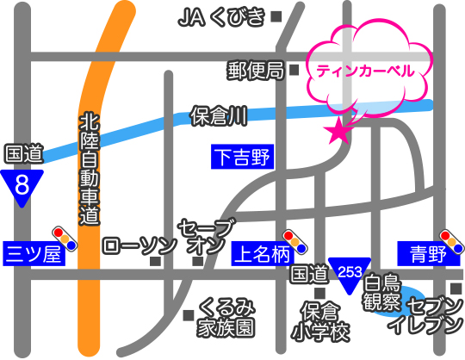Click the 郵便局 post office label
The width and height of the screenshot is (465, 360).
tap(256, 71)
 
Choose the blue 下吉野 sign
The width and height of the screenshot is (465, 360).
tap(241, 157)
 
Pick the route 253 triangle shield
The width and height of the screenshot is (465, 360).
tap(349, 273)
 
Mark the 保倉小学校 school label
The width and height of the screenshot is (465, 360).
tap(323, 320)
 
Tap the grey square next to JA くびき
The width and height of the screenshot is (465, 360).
tap(276, 16)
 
